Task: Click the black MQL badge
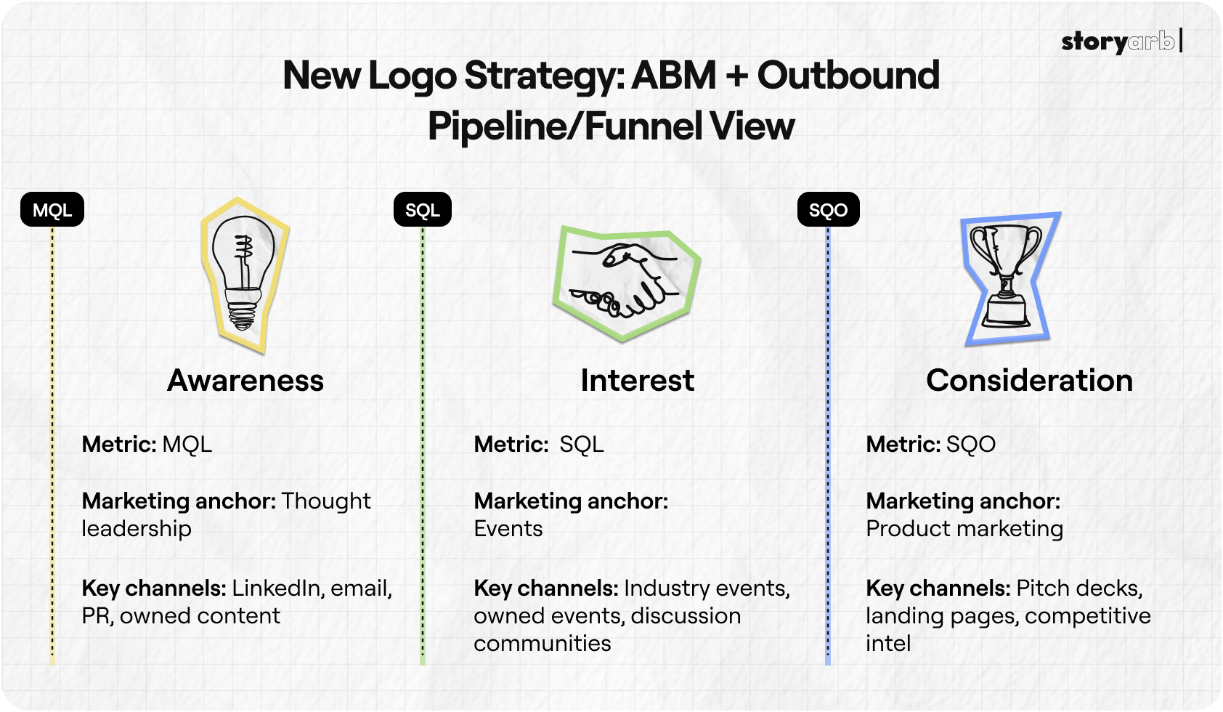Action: [x=52, y=210]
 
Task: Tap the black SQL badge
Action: [x=422, y=210]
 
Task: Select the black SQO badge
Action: [x=828, y=210]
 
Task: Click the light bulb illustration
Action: [x=244, y=275]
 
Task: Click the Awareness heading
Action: [x=245, y=381]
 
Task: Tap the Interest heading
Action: [x=637, y=381]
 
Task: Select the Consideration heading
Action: [x=1029, y=381]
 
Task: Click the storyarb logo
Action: [x=1119, y=41]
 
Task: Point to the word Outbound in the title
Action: [x=848, y=76]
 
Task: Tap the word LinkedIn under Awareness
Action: [x=277, y=588]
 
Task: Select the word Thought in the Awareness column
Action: [x=326, y=501]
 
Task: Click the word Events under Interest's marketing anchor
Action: [x=508, y=528]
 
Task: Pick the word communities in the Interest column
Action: [x=543, y=643]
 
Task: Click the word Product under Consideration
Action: [x=908, y=528]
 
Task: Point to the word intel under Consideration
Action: [x=888, y=643]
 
